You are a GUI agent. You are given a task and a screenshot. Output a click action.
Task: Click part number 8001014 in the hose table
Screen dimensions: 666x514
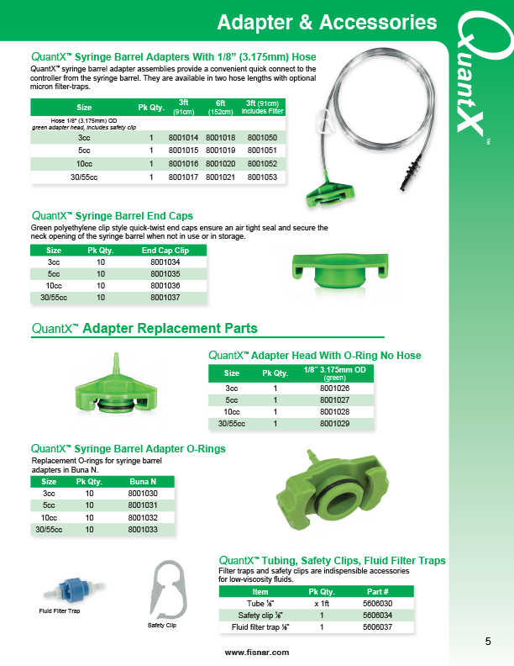point(183,136)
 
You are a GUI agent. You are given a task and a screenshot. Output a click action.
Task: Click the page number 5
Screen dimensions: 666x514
point(488,642)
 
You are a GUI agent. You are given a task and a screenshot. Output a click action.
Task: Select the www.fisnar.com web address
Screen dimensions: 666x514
point(256,653)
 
